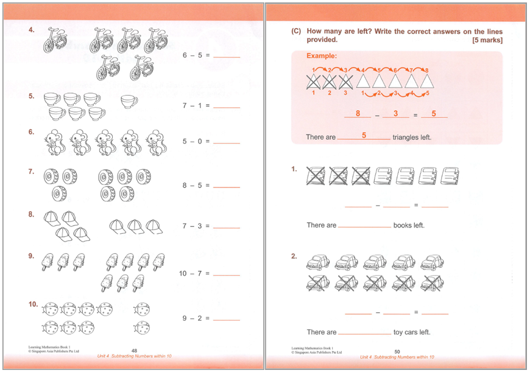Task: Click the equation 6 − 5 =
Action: point(196,55)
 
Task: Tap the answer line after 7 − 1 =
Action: point(227,106)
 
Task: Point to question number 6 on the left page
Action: point(31,132)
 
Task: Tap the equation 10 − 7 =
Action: point(194,273)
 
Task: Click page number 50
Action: point(397,351)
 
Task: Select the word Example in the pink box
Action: point(321,57)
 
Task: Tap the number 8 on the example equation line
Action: point(358,113)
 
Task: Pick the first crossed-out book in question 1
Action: point(314,176)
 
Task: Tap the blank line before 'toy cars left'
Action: point(364,333)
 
